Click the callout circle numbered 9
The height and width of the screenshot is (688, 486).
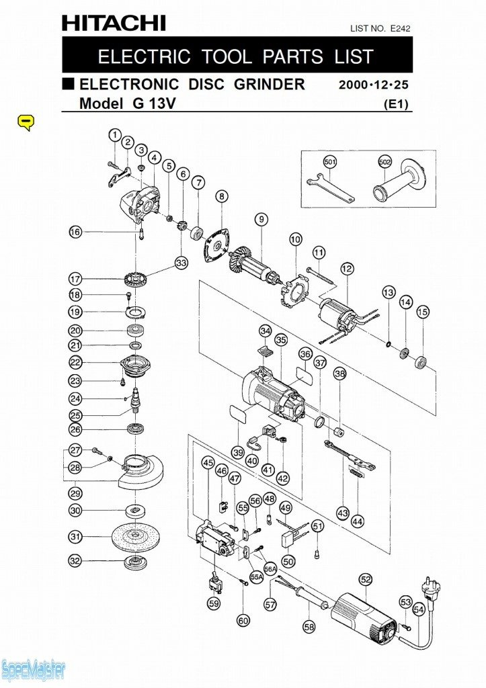tap(261, 218)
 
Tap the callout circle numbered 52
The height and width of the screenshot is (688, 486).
tap(366, 579)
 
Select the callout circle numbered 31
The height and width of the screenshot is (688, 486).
tap(75, 537)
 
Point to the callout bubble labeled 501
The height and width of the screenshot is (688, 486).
tap(329, 162)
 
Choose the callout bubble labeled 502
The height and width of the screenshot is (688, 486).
tap(384, 162)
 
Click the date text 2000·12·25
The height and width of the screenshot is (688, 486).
tap(374, 85)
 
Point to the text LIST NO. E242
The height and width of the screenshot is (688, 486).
tap(380, 28)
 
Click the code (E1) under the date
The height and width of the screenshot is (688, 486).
tap(396, 104)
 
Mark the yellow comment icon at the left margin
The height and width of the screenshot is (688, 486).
tap(25, 122)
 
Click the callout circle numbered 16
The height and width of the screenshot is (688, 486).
tap(75, 232)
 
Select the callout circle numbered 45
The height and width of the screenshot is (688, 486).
tap(208, 463)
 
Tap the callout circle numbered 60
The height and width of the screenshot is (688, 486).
tap(243, 621)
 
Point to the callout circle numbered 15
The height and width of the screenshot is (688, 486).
tap(422, 312)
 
